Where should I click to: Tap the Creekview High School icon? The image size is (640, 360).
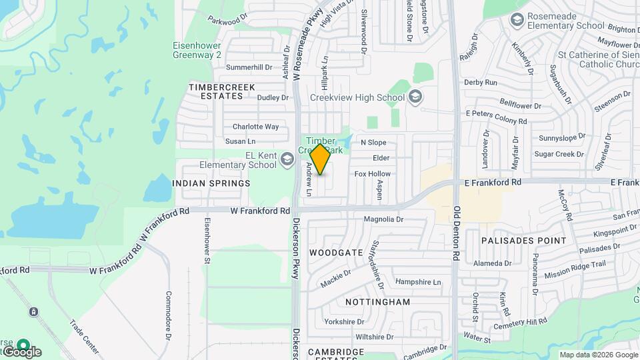coord(415,97)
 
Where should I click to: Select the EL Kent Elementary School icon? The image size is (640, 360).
coord(287,159)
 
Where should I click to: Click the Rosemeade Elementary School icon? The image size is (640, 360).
coord(517,21)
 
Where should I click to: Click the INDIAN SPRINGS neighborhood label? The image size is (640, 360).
coord(211,183)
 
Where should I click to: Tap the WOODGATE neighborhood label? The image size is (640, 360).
coord(337,253)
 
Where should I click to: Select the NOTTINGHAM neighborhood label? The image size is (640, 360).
coord(378,302)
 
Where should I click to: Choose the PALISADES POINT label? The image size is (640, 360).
coord(524,240)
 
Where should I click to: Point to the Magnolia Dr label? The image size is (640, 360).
coord(384,219)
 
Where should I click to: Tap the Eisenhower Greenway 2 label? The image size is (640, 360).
coord(197,51)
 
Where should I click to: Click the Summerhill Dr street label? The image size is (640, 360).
coord(249,67)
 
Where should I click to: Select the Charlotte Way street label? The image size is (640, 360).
coord(255,127)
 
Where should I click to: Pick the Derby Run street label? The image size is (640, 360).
coord(481,83)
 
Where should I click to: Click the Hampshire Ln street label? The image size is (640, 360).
coord(418,282)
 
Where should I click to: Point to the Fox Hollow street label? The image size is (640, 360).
coord(373,174)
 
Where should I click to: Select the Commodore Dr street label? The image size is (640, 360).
coord(169,313)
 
